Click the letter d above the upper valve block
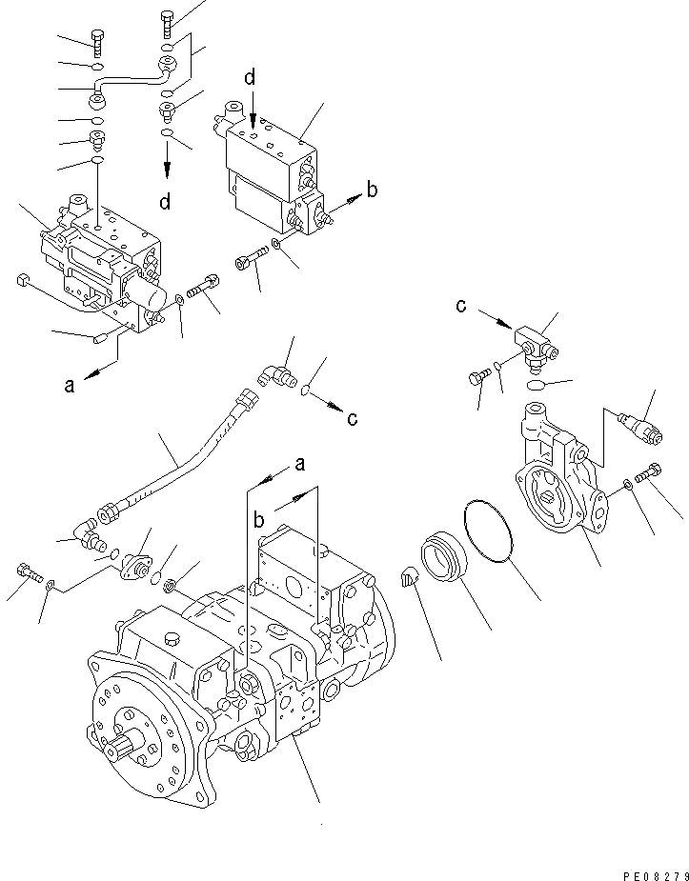pos(250,78)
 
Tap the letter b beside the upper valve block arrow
pos(372,190)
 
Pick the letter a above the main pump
pos(299,464)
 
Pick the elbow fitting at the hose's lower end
pos(93,536)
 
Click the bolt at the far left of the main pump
pos(28,573)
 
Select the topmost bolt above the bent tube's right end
pos(168,24)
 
